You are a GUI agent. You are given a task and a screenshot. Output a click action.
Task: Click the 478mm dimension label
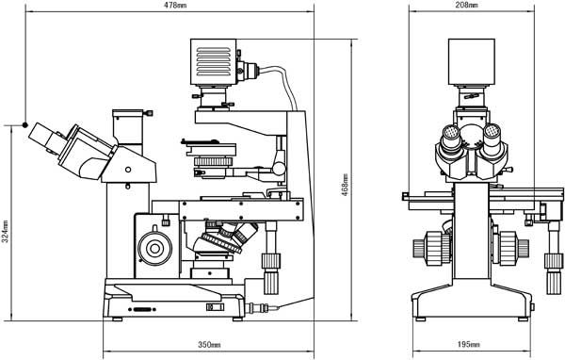tap(175, 5)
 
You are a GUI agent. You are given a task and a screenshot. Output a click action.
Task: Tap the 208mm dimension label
tap(466, 5)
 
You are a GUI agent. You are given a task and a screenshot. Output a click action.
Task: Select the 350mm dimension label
tap(209, 345)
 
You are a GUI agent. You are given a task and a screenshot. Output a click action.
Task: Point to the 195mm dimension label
tap(468, 345)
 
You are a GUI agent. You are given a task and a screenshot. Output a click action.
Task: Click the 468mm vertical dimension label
tap(345, 185)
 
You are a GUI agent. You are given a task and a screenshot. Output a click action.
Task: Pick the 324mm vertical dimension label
tap(6, 231)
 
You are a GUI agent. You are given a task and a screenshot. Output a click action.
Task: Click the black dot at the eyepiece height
tap(24, 124)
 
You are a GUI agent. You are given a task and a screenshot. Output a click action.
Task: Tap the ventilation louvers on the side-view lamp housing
tap(214, 61)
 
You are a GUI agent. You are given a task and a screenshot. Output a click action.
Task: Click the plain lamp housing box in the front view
tap(472, 61)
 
